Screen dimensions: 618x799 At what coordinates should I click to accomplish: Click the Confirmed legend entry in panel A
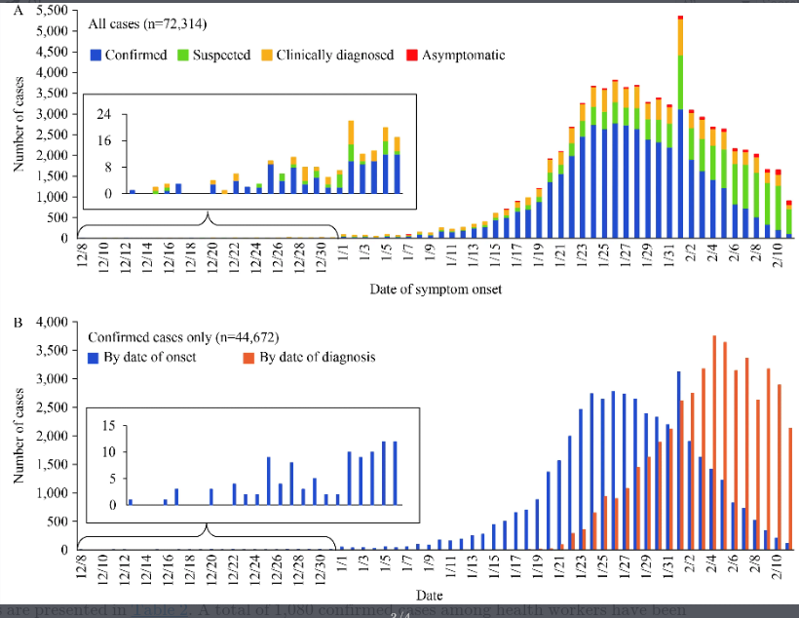[x=128, y=56]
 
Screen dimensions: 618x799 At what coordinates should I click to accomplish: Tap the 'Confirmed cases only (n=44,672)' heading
[x=184, y=338]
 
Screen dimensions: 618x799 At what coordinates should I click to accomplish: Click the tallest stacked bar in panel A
[x=680, y=127]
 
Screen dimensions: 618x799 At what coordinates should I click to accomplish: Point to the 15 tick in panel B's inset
[x=109, y=425]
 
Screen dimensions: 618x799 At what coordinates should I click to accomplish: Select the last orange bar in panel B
[x=790, y=487]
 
